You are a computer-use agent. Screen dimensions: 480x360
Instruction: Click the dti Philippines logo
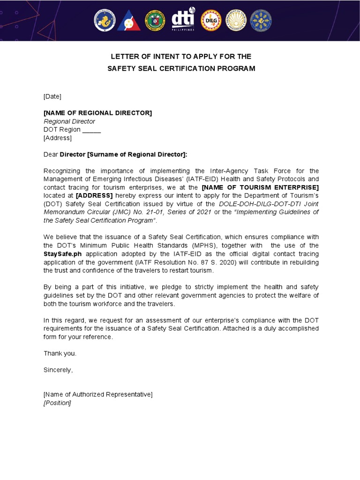[183, 20]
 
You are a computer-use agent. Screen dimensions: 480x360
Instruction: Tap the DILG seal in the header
[211, 21]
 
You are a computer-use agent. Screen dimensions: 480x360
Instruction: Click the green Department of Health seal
[157, 21]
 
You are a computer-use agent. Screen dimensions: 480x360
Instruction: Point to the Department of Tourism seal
[236, 21]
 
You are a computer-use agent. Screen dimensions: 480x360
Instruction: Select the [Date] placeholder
[52, 97]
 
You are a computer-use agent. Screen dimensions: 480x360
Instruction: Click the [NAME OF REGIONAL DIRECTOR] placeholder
[97, 113]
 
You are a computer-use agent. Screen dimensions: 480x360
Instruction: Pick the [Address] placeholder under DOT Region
[58, 138]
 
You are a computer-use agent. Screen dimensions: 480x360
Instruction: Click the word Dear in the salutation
[51, 155]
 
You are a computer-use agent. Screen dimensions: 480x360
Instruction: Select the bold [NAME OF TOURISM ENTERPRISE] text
[260, 187]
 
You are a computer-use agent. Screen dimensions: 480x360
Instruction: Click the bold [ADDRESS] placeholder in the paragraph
[94, 195]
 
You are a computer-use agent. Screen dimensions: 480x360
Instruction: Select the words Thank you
[60, 353]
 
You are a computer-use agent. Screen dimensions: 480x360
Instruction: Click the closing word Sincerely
[58, 370]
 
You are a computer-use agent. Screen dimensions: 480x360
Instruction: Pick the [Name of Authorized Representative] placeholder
[98, 395]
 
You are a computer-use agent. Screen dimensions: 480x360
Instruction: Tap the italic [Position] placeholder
[57, 403]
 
